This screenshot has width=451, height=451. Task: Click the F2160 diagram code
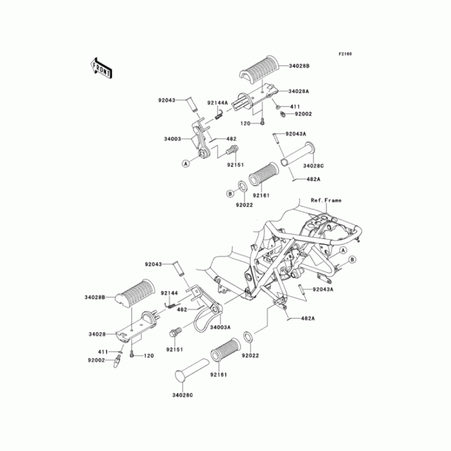345,54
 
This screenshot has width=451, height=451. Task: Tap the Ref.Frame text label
326,200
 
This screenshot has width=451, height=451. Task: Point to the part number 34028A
299,91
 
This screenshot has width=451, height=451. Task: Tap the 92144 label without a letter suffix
169,293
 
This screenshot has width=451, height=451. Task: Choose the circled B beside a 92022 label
230,193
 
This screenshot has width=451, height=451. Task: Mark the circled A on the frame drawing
342,250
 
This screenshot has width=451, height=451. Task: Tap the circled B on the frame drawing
352,259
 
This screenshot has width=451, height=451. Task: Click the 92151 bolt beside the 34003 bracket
232,151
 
